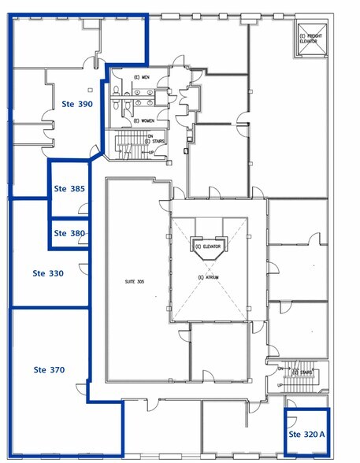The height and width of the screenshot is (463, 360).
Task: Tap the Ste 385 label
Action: pos(69,189)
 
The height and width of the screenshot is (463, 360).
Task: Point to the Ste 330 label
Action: pos(48,273)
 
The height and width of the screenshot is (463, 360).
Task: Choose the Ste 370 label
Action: pos(49,369)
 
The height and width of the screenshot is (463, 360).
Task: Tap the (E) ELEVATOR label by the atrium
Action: pos(210,246)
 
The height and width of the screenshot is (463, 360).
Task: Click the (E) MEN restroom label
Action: pos(142,77)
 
